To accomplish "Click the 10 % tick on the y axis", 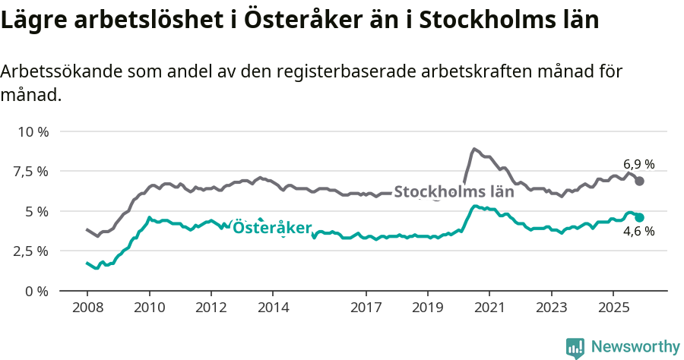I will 33,131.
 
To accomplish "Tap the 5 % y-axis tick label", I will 37,211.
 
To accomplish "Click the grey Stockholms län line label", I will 454,192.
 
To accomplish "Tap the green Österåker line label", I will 272,228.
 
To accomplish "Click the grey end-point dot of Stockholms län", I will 640,181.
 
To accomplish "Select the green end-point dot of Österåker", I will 640,217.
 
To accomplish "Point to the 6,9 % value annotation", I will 638,164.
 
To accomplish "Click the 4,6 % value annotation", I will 638,232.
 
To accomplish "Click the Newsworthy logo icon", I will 575,347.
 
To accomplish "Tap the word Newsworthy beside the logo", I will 635,347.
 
